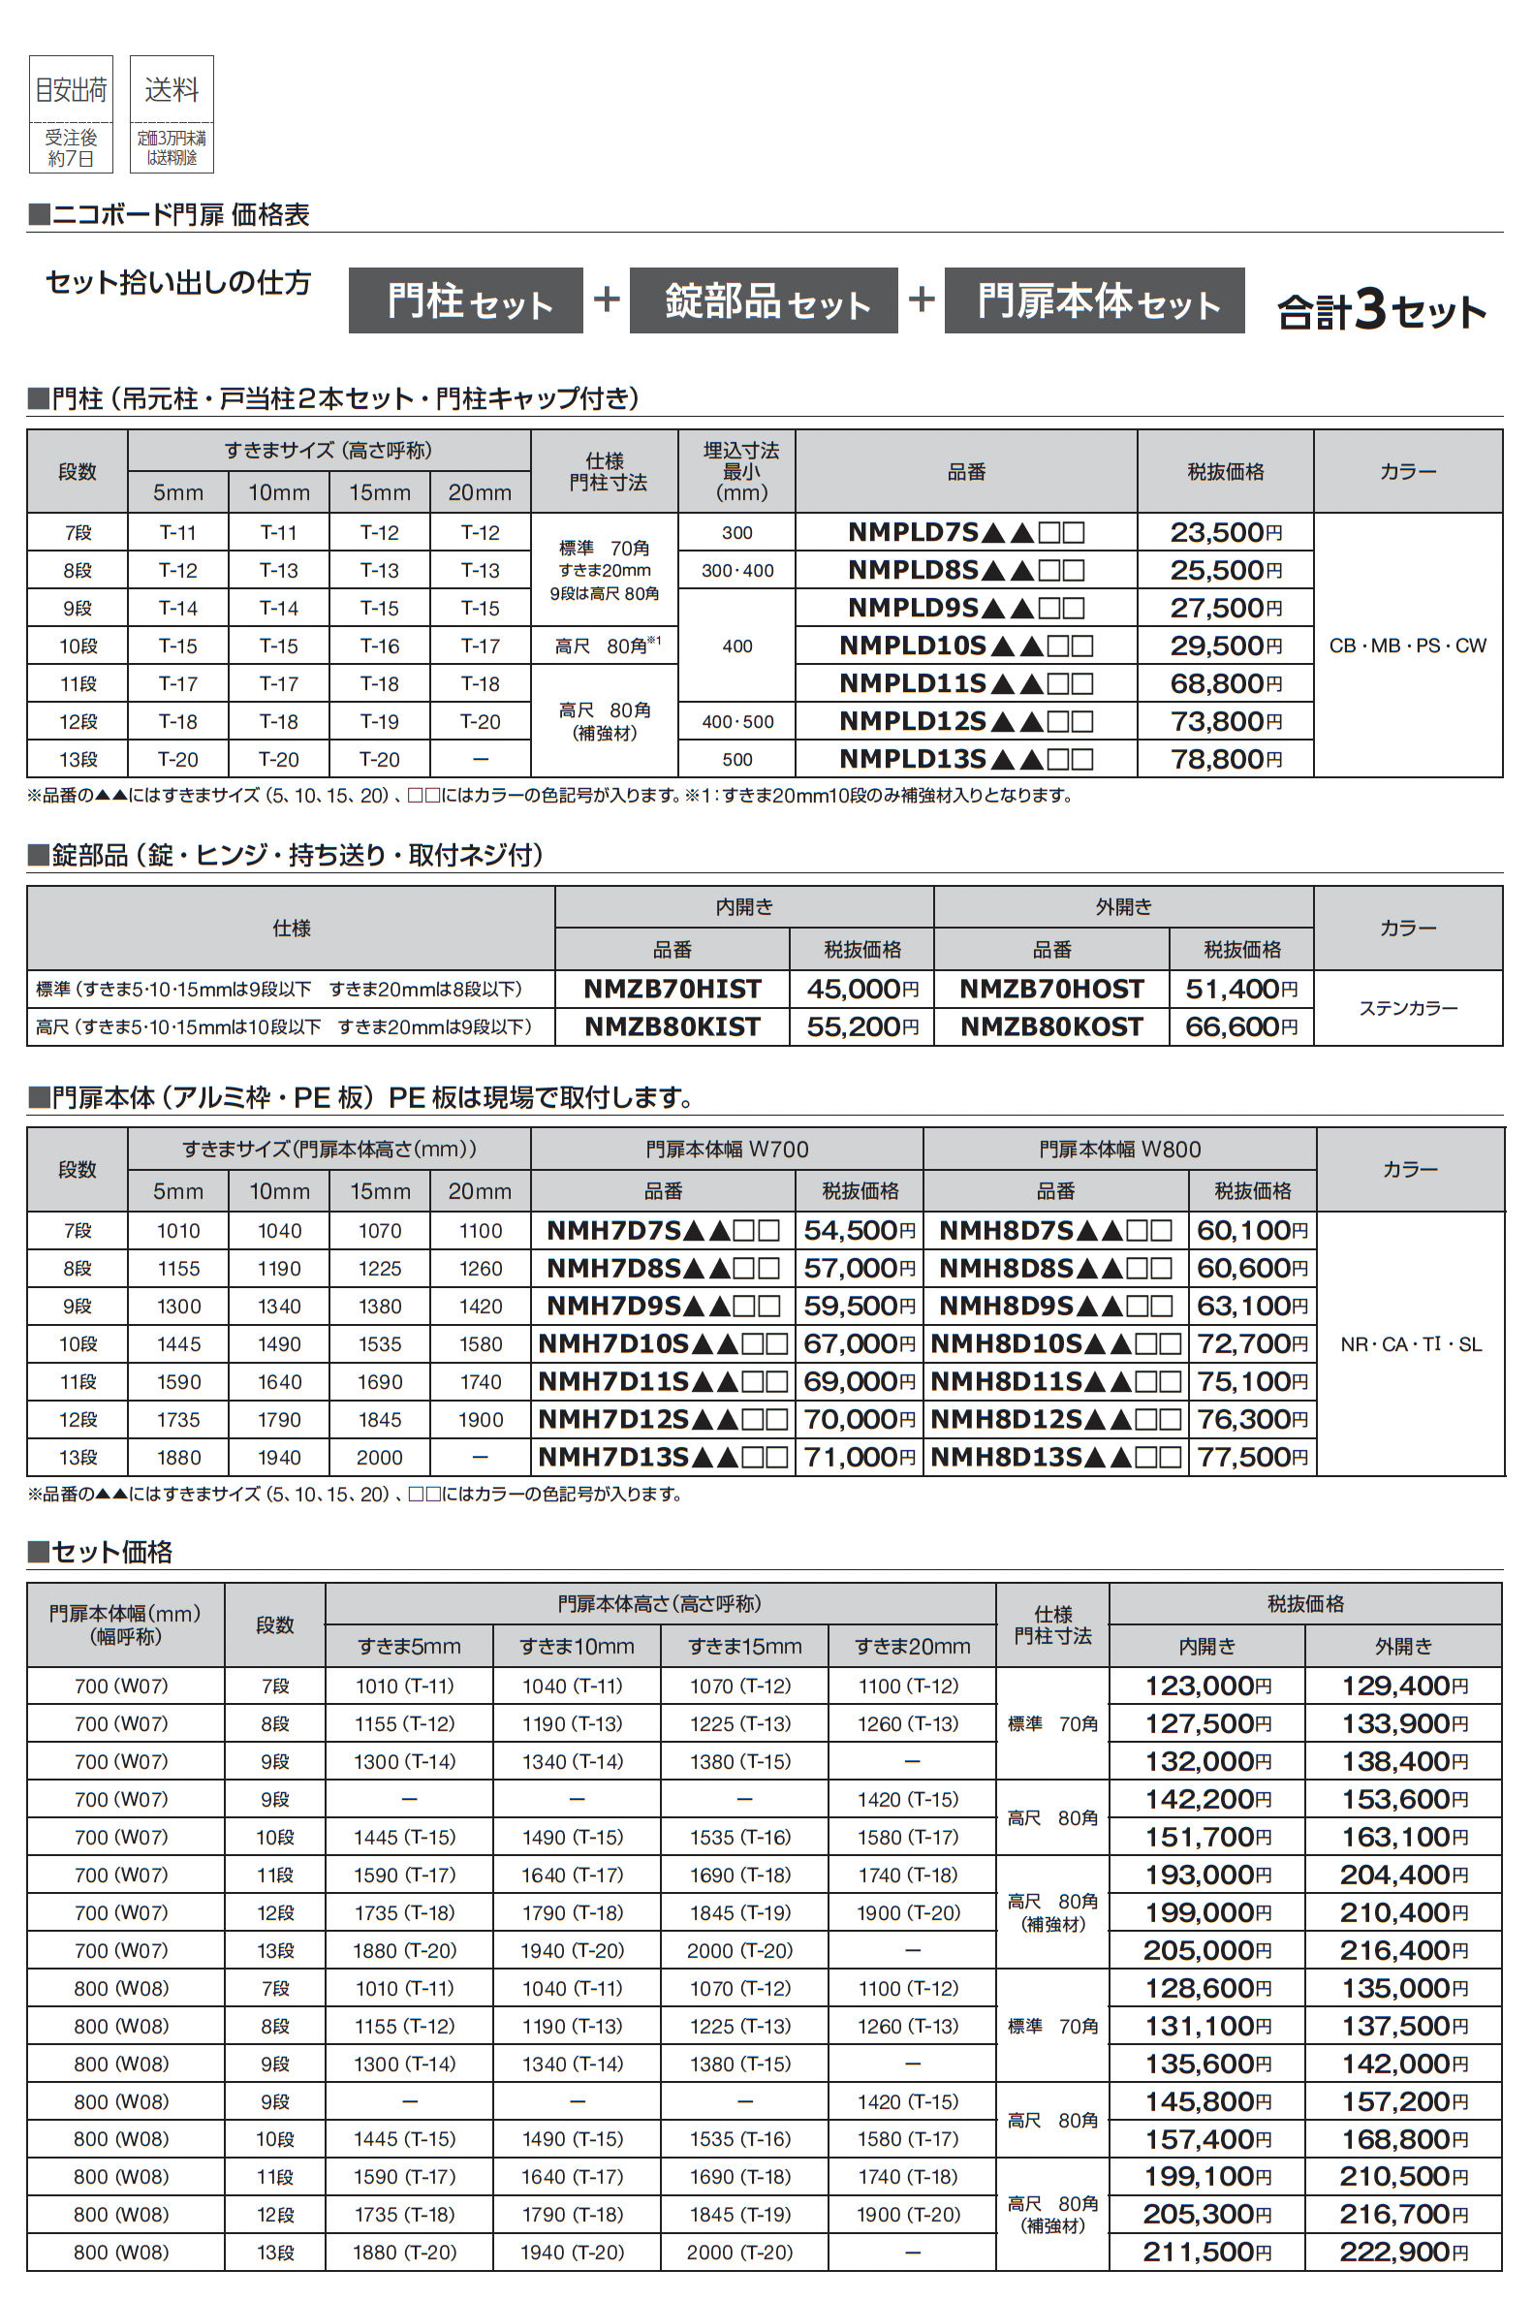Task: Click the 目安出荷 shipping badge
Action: [x=71, y=113]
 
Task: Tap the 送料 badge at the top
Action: [x=172, y=113]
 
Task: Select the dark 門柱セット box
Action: [x=465, y=300]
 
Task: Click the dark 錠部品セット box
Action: [x=763, y=300]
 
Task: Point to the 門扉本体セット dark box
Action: [x=1093, y=300]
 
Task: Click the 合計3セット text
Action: [x=1381, y=310]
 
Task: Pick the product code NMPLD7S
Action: [x=965, y=532]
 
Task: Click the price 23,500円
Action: [x=1225, y=532]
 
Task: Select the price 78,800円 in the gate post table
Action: [x=1225, y=759]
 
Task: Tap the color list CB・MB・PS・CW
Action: [x=1407, y=646]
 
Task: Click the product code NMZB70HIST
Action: [x=672, y=989]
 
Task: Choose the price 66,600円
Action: [x=1240, y=1026]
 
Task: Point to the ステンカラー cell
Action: [x=1407, y=1007]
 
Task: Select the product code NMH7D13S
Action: [x=662, y=1457]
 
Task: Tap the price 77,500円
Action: [x=1251, y=1457]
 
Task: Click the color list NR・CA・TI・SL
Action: [x=1410, y=1343]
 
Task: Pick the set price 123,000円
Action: [x=1207, y=1686]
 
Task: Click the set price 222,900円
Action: [x=1403, y=2253]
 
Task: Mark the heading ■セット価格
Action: [x=101, y=1552]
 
